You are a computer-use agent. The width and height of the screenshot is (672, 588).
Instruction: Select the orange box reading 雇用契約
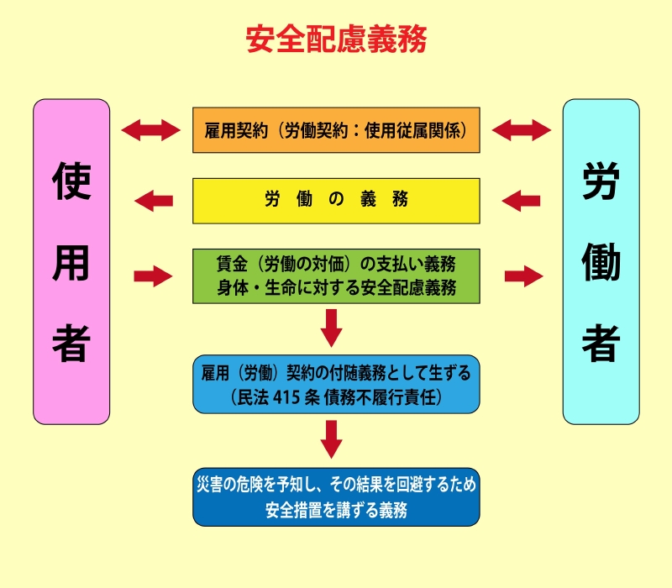[336, 130]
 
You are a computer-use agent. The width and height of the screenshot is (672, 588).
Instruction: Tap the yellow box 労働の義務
[336, 200]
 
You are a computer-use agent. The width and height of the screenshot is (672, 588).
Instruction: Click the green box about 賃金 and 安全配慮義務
[336, 276]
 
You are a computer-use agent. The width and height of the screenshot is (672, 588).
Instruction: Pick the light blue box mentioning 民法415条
[336, 383]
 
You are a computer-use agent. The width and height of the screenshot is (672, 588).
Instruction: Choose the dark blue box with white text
[336, 496]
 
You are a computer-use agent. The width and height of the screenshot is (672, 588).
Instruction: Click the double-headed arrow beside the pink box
[151, 130]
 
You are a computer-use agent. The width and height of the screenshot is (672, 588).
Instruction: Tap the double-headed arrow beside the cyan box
[522, 130]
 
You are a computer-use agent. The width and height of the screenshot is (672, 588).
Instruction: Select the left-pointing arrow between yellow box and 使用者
[155, 201]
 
